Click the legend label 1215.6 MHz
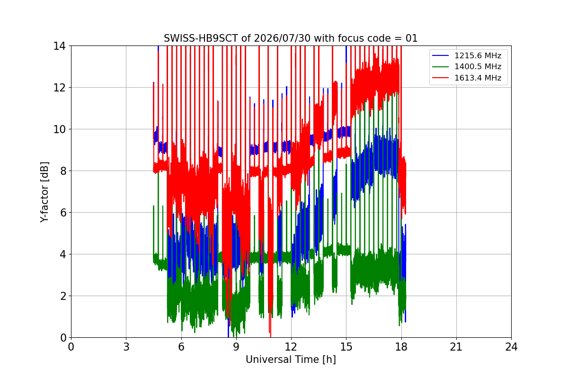point(478,55)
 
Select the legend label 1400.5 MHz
point(478,66)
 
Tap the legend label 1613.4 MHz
point(478,78)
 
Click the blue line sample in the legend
point(441,55)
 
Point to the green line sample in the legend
point(441,67)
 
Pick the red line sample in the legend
point(441,78)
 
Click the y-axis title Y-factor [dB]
point(44,192)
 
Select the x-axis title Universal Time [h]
point(291,360)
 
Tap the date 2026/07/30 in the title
point(282,38)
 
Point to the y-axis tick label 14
point(59,46)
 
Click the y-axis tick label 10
point(59,129)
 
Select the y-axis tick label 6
point(63,213)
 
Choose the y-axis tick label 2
point(63,296)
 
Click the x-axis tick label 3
point(126,347)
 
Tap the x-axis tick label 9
point(236,347)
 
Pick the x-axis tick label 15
point(346,347)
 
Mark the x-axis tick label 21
point(456,347)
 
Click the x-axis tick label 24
point(511,347)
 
